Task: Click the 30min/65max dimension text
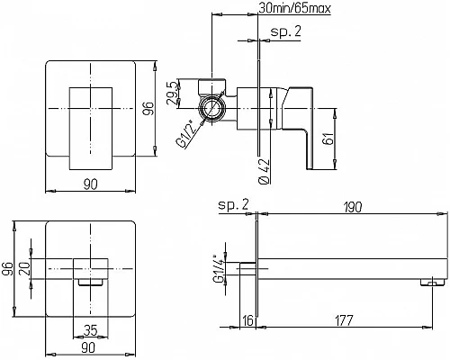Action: pos(294,8)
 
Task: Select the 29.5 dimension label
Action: pos(173,94)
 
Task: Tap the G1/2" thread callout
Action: pos(188,134)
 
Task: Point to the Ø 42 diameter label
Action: pos(264,171)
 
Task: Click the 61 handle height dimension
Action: pos(328,139)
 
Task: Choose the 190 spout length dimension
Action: pos(352,207)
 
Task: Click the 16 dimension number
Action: pos(248,320)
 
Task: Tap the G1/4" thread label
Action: pos(219,269)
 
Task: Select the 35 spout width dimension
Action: pos(90,330)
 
